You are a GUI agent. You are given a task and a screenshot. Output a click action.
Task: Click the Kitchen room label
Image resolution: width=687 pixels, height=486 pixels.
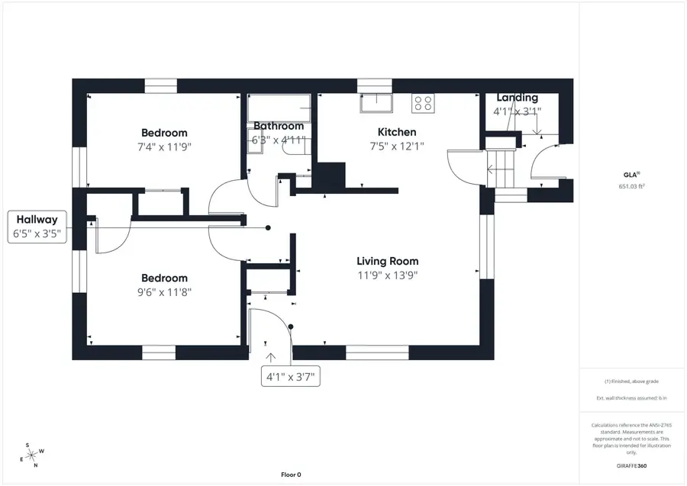point(397,132)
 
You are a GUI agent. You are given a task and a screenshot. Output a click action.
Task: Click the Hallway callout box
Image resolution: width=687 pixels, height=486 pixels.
point(37,227)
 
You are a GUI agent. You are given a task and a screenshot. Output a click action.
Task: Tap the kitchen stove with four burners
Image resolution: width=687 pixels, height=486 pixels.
point(423,103)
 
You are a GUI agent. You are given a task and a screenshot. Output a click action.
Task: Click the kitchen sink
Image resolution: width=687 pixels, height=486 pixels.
point(376,103)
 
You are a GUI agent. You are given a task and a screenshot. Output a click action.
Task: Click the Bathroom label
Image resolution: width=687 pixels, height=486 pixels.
point(279,126)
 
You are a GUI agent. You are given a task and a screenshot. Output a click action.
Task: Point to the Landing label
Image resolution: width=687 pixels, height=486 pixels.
point(517,98)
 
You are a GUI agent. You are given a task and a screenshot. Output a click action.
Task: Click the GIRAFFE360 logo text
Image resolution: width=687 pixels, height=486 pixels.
point(632,465)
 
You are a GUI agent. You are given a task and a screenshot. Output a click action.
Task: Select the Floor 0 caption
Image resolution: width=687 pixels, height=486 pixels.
point(291,475)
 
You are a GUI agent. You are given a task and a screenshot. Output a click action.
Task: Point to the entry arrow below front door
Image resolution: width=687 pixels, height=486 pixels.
point(269,356)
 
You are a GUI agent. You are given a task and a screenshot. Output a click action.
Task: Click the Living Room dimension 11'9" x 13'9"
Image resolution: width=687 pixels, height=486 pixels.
point(388,275)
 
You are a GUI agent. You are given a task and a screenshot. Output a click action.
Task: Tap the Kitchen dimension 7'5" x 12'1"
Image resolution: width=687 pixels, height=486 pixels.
point(397,146)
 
